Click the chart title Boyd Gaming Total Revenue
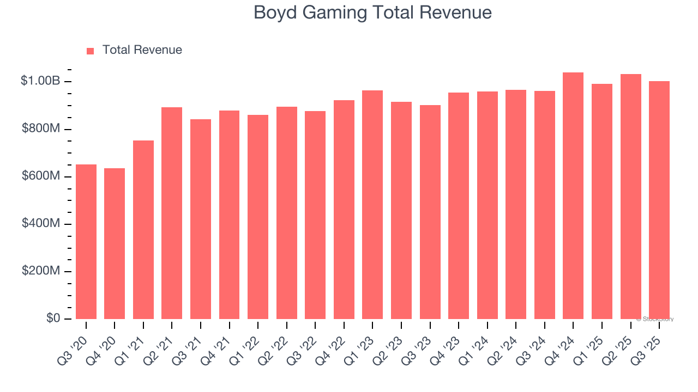coord(372,13)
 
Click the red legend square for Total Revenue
coord(91,51)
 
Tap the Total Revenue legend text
coord(142,50)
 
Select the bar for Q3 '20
coord(86,242)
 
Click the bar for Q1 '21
coord(143,230)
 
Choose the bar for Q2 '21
coord(172,213)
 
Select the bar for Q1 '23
coord(372,205)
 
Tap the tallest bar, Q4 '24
coord(573,195)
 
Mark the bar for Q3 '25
coord(659,200)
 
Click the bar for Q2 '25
coord(630,197)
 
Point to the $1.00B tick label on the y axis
coord(40,81)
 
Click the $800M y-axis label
coord(41,129)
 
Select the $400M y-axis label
coord(41,224)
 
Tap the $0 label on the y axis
coord(53,318)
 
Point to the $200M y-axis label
coord(41,271)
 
